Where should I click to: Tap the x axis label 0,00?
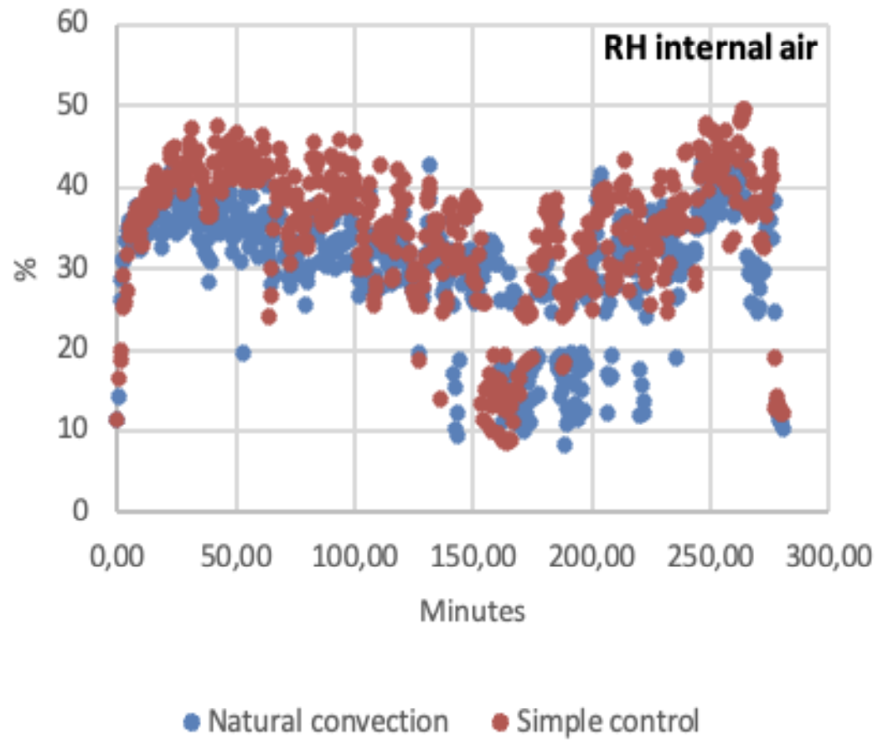[x=116, y=556]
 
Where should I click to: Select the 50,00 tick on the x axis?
[x=236, y=556]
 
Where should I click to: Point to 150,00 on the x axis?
[x=473, y=556]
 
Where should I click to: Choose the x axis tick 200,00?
[x=592, y=556]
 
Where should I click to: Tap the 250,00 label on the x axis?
[x=711, y=556]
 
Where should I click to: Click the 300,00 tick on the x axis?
[x=829, y=556]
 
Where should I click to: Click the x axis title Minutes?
[x=473, y=611]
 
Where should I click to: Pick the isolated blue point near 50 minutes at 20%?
[x=243, y=353]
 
